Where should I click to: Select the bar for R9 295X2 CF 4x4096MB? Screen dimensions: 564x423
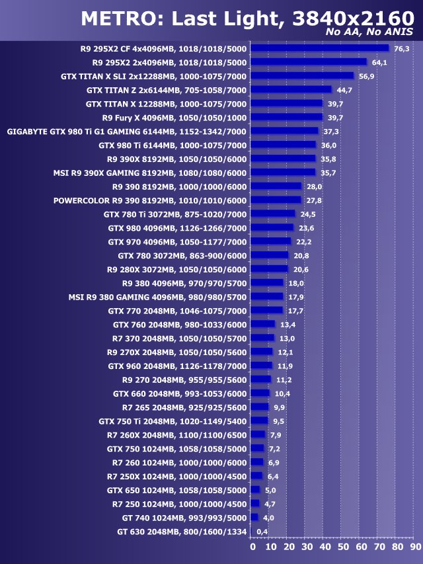[x=321, y=48]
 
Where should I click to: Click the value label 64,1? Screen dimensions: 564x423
[x=380, y=63]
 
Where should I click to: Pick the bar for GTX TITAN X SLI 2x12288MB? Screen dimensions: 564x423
[x=303, y=76]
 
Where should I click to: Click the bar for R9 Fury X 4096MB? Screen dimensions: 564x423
[x=288, y=118]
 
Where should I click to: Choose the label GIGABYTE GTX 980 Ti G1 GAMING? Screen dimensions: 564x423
[x=126, y=132]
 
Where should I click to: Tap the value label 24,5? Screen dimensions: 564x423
[x=308, y=214]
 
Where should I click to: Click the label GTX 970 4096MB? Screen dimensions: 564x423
[x=177, y=242]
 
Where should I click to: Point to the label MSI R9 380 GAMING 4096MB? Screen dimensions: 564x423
[x=157, y=297]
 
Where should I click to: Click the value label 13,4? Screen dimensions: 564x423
[x=288, y=325]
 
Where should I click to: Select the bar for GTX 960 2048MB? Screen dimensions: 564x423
[x=262, y=366]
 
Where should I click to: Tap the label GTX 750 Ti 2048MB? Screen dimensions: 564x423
[x=173, y=421]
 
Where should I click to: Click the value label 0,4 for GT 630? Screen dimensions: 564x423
[x=262, y=532]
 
